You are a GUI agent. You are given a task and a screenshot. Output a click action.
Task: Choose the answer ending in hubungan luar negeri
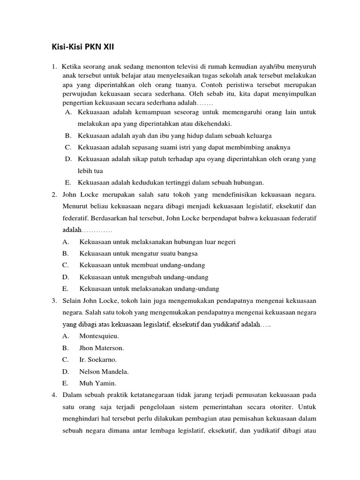pyautogui.click(x=157, y=242)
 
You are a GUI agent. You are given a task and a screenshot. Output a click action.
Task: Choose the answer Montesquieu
pyautogui.click(x=99, y=336)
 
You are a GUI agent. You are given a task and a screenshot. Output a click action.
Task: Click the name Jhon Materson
pyautogui.click(x=102, y=348)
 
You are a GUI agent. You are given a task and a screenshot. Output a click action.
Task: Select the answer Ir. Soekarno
pyautogui.click(x=98, y=360)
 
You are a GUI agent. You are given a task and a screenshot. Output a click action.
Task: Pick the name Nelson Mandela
pyautogui.click(x=104, y=372)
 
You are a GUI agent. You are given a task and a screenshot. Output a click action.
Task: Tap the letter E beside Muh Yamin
pyautogui.click(x=65, y=383)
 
